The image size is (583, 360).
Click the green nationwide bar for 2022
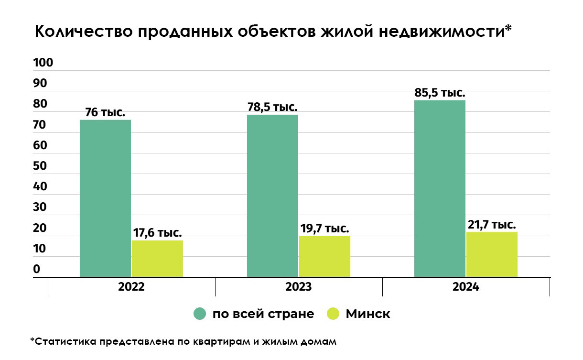tap(105, 198)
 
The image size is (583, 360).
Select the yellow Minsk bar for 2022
tap(157, 258)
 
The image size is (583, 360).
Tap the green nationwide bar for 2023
tap(272, 196)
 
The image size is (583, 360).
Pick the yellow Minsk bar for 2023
tap(324, 256)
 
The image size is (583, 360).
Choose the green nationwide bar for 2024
tap(440, 188)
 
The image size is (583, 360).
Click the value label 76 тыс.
tap(105, 113)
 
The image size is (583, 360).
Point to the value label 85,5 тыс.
tap(440, 93)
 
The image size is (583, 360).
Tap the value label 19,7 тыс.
tap(324, 229)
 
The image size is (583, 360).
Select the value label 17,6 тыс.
tap(157, 233)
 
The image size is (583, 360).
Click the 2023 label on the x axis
tap(299, 287)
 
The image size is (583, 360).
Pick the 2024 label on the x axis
tap(466, 287)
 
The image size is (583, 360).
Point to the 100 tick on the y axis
tap(43, 63)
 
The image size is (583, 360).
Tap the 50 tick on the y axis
tap(40, 166)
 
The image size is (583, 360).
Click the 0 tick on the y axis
tap(37, 270)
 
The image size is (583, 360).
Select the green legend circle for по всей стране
tap(200, 314)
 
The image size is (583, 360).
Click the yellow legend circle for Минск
tap(333, 314)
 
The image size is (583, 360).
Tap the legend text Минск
tap(368, 314)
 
